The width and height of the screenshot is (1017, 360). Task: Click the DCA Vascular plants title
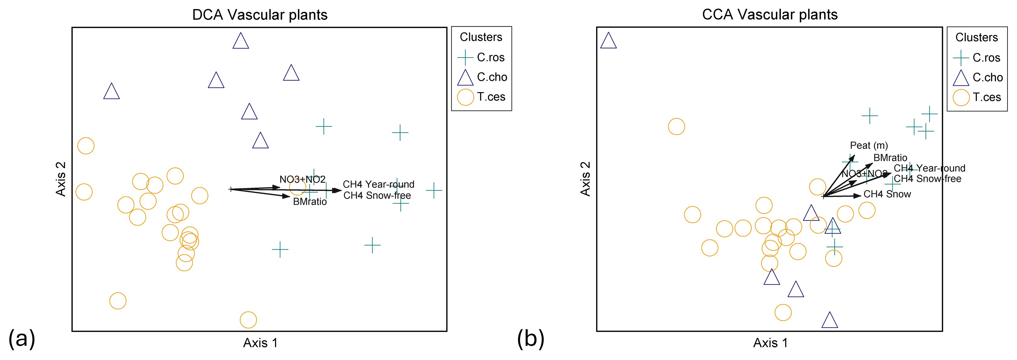tap(259, 15)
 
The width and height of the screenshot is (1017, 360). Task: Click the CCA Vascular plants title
tap(769, 15)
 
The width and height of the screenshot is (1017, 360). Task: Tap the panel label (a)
tap(22, 338)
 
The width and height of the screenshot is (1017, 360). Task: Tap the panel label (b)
tap(531, 338)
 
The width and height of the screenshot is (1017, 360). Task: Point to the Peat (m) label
tap(869, 146)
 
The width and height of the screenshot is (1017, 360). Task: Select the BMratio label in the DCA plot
tap(310, 202)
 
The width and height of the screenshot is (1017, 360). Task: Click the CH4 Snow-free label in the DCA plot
tap(377, 196)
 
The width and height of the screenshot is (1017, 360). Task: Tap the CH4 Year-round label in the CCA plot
tap(929, 168)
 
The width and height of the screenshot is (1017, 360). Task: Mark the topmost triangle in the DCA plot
tap(241, 41)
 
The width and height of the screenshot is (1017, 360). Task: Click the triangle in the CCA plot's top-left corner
tap(608, 41)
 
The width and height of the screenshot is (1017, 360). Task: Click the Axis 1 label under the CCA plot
tap(770, 343)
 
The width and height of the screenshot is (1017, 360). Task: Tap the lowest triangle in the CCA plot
tap(829, 320)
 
